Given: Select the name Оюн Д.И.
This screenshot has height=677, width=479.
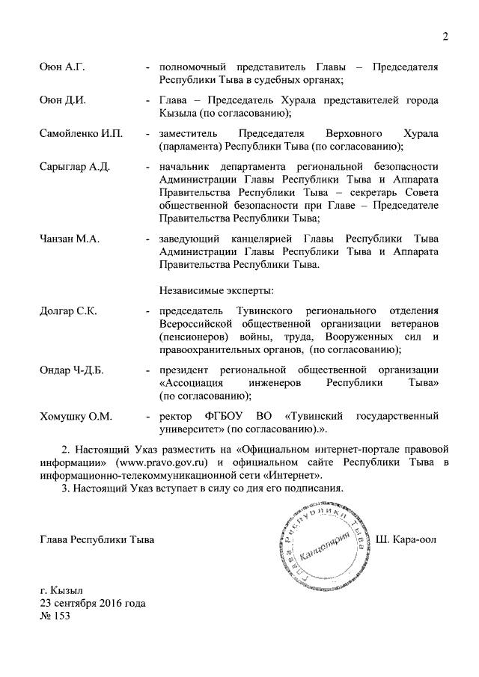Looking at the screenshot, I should (63, 101).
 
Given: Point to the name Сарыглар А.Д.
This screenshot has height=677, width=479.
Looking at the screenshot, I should (75, 166).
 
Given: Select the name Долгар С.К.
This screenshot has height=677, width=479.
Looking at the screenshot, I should (68, 310).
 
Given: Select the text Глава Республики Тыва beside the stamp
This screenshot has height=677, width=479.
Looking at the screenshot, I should (97, 539).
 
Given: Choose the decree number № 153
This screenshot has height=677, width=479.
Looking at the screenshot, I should (57, 616).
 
